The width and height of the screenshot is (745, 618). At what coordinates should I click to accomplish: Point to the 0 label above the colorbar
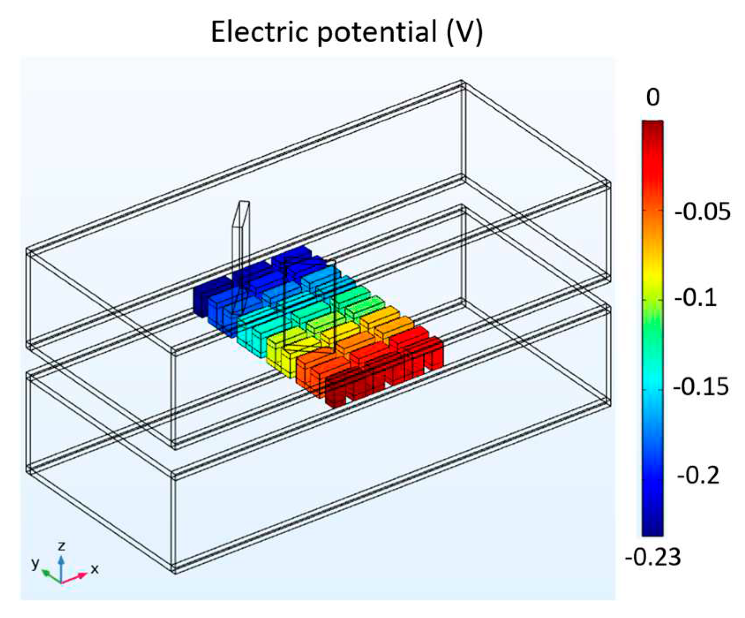click(653, 97)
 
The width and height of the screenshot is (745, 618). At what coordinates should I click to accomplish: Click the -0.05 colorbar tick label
click(702, 212)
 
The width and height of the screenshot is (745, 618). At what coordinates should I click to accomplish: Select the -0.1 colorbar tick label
click(696, 298)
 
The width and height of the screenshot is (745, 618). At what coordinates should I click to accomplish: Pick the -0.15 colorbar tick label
click(701, 387)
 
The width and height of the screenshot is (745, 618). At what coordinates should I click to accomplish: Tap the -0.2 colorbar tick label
click(698, 475)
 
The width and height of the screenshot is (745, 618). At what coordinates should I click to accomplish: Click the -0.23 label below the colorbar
click(653, 557)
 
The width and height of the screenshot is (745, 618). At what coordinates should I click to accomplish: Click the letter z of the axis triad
click(62, 546)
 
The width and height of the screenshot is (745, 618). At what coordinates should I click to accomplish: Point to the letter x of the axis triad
click(94, 569)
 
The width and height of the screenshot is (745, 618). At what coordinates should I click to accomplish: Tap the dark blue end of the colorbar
click(652, 528)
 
